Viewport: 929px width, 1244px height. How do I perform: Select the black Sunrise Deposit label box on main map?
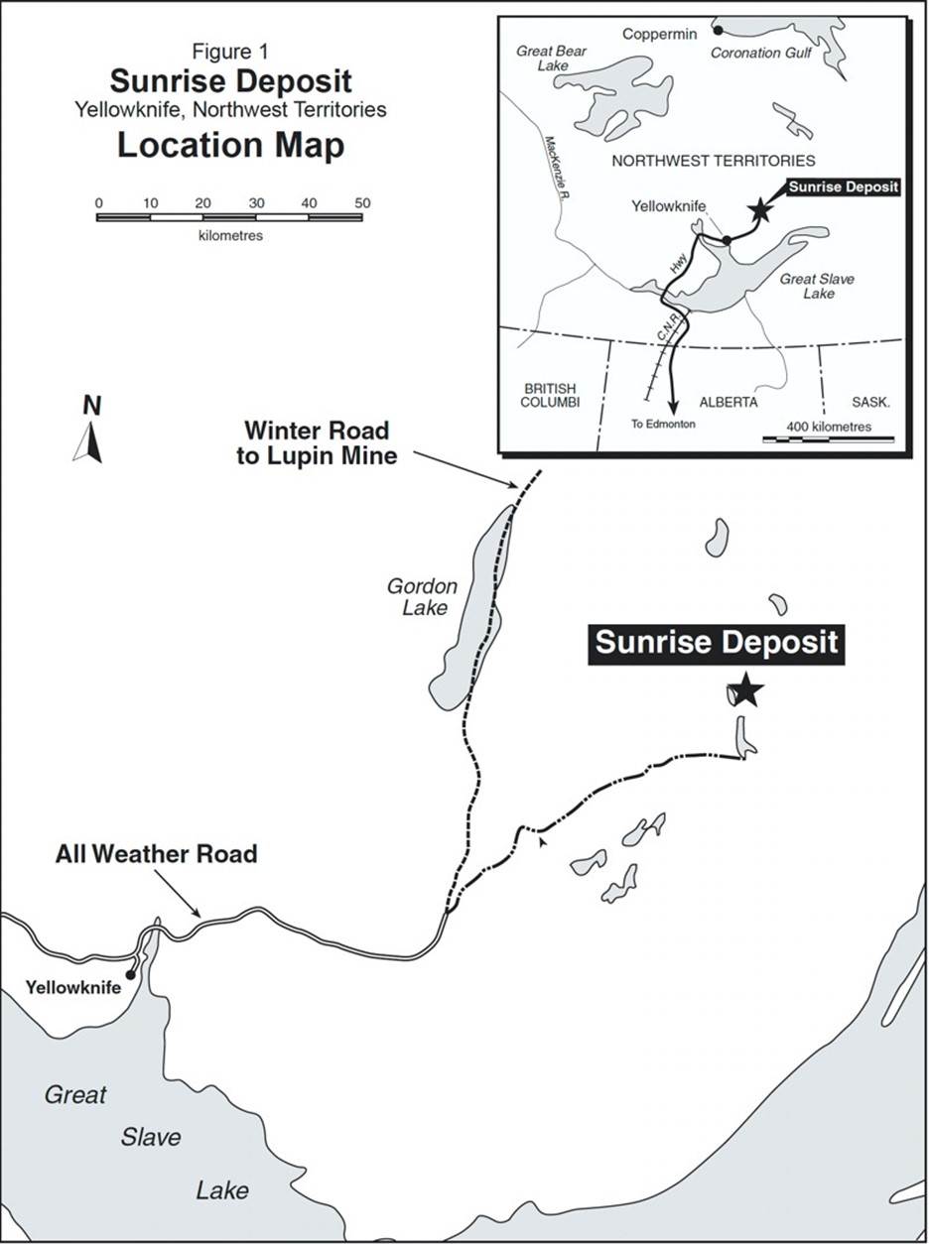coord(716,643)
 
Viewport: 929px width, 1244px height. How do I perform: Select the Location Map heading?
coord(230,145)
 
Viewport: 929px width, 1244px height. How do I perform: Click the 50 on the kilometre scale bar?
coord(362,202)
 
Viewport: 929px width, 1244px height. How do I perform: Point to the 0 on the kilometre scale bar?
coord(98,202)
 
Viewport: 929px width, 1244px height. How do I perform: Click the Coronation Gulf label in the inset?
coord(761,53)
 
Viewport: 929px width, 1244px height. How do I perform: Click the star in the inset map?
coord(760,208)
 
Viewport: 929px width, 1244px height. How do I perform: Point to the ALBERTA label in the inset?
coord(728,402)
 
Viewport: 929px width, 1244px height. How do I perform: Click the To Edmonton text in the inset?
coord(664,424)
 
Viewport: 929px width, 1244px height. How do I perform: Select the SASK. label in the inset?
coord(870,402)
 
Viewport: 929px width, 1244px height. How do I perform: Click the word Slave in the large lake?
coord(151,1137)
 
